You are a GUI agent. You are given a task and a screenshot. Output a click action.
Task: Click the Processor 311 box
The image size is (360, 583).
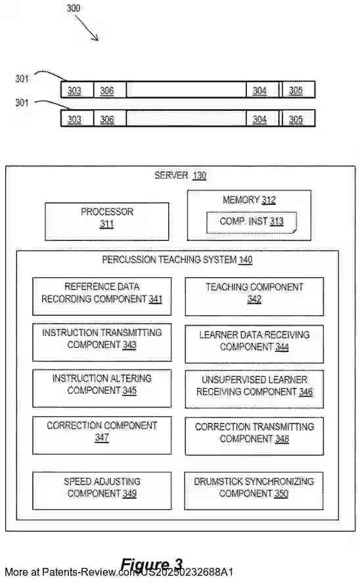coord(106,221)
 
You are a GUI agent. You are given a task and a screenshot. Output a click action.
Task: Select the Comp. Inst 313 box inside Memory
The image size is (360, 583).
coord(251,223)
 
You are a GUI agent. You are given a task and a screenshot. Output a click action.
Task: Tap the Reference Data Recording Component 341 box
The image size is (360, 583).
coord(102,296)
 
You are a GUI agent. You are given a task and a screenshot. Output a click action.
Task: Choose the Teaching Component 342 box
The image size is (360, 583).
coord(254,296)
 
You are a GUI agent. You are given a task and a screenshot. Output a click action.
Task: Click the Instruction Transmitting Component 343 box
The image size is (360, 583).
coord(102,341)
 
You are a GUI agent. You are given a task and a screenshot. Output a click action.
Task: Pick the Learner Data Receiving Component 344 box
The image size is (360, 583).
coord(254,343)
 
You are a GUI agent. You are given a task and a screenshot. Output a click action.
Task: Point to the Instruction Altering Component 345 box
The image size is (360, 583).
coord(102,387)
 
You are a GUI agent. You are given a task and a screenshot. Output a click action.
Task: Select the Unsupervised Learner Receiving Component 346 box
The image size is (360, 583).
coord(254,389)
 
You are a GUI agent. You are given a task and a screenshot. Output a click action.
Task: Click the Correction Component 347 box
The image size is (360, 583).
coord(102,435)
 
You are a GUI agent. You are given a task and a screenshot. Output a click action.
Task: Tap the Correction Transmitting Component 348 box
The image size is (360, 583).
coord(254,435)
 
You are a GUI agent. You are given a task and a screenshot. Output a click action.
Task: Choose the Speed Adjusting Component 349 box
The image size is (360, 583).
coord(102,490)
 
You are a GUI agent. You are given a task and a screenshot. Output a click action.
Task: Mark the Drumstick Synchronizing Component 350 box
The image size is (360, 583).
coord(254,490)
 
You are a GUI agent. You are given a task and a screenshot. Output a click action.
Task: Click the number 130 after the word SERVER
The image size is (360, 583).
coord(199,175)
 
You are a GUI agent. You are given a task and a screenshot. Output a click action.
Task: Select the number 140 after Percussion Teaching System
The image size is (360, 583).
coord(245,260)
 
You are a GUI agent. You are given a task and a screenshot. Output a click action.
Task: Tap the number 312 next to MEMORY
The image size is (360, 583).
coord(269,200)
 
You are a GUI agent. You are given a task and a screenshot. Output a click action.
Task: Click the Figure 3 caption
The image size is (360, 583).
coord(151,565)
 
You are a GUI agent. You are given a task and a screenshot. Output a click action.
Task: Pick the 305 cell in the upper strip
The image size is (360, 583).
coord(296,91)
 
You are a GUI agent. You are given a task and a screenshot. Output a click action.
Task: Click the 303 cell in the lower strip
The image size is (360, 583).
coord(75,119)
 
